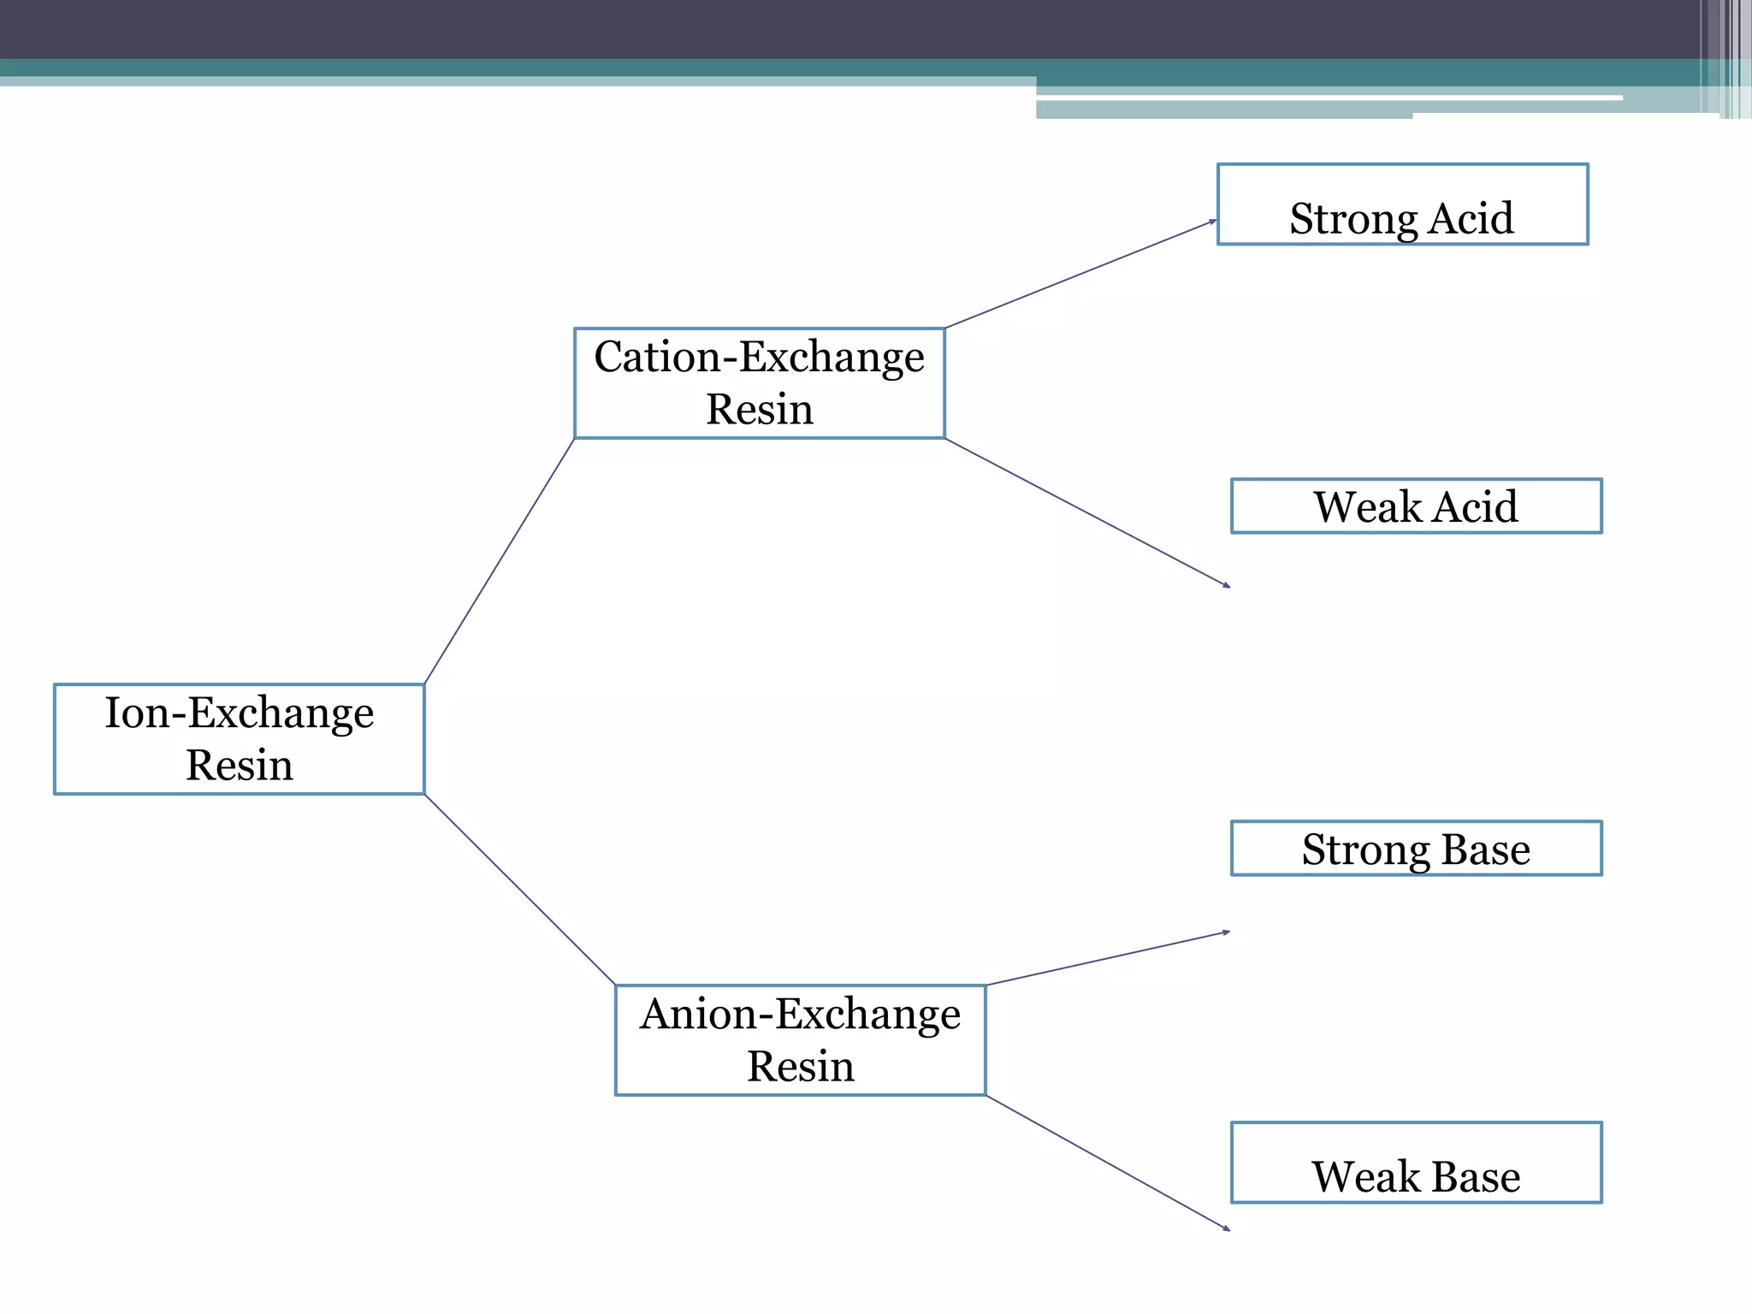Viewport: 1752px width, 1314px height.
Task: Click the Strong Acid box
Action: click(x=1403, y=204)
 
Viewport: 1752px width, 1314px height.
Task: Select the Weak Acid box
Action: click(x=1416, y=506)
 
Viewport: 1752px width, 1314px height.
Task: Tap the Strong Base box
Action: click(x=1416, y=849)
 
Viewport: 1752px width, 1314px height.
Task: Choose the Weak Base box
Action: click(x=1416, y=1163)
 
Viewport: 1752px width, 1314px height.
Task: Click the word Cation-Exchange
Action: click(x=759, y=357)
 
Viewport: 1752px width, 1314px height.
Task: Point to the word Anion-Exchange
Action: click(x=800, y=1015)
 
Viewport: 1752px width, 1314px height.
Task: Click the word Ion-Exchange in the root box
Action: click(x=239, y=713)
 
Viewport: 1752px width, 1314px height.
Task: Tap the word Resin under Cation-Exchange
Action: click(x=759, y=409)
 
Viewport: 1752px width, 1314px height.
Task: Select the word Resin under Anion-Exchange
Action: click(x=800, y=1067)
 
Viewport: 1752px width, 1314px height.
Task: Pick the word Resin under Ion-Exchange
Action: click(x=239, y=765)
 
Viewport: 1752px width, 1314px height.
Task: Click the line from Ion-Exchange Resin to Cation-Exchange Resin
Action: click(x=500, y=560)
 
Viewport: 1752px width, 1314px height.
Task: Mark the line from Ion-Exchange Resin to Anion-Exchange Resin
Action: click(x=520, y=890)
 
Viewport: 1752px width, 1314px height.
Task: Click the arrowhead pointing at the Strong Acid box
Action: click(x=1213, y=222)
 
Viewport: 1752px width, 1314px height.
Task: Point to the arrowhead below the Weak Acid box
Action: click(x=1227, y=586)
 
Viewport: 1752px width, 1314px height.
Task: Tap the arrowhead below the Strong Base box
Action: click(x=1227, y=932)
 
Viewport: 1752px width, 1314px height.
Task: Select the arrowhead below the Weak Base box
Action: click(x=1227, y=1229)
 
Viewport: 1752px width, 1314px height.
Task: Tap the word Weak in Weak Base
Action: click(x=1365, y=1176)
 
